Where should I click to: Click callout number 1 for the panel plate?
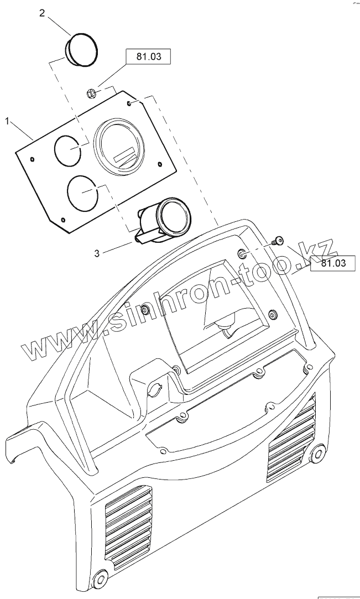click(x=7, y=121)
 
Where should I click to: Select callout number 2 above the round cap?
click(x=42, y=13)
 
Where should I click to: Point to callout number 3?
click(x=97, y=253)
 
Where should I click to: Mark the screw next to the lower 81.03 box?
click(x=278, y=240)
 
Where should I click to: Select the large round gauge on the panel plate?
click(x=119, y=147)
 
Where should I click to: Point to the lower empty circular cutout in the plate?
click(x=81, y=191)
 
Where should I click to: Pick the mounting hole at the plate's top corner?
click(x=129, y=103)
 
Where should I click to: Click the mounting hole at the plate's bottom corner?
click(x=64, y=221)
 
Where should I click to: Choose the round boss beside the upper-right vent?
click(x=317, y=454)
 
